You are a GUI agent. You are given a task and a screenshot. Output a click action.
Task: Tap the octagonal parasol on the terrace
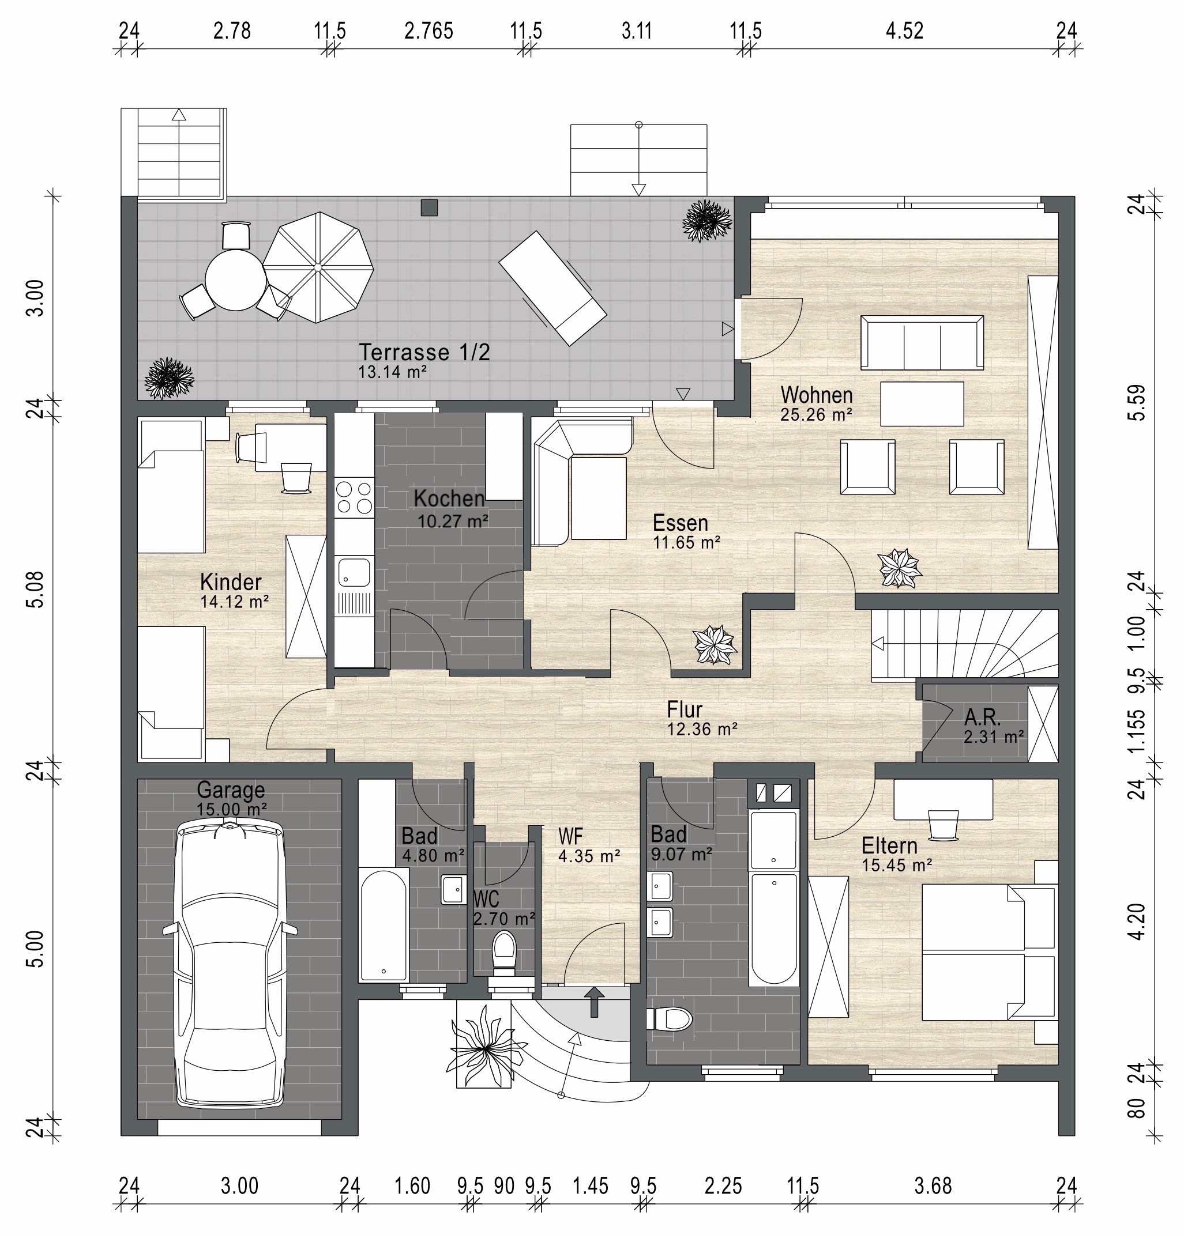pyautogui.click(x=318, y=267)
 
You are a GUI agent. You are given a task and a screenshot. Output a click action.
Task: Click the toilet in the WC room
pyautogui.click(x=503, y=953)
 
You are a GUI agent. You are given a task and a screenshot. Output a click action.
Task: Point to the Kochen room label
pyautogui.click(x=449, y=498)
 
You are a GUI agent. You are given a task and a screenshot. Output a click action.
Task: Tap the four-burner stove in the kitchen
pyautogui.click(x=354, y=498)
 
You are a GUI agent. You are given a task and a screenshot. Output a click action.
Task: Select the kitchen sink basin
pyautogui.click(x=354, y=572)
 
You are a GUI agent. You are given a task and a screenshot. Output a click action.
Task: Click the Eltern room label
pyautogui.click(x=889, y=845)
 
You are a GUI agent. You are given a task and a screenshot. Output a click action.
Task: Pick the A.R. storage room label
pyautogui.click(x=982, y=716)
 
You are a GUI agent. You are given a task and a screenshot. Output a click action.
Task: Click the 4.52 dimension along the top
pyautogui.click(x=905, y=31)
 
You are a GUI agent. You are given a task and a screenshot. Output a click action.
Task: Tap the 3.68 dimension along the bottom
pyautogui.click(x=933, y=1186)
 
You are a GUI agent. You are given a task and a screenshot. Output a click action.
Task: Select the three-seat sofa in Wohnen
pyautogui.click(x=922, y=343)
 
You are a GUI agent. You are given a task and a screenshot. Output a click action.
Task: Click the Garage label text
pyautogui.click(x=231, y=790)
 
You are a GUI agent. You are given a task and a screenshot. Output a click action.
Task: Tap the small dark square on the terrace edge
pyautogui.click(x=429, y=207)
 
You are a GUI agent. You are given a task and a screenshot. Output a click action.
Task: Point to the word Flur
pyautogui.click(x=684, y=709)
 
